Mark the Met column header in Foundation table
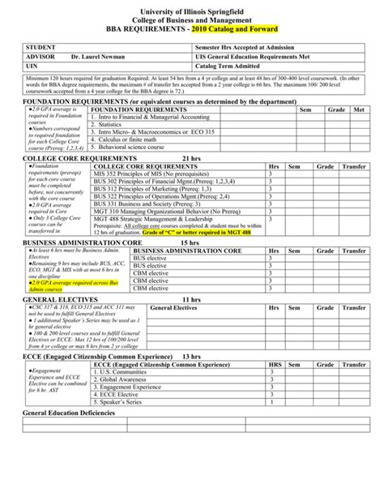359,109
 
